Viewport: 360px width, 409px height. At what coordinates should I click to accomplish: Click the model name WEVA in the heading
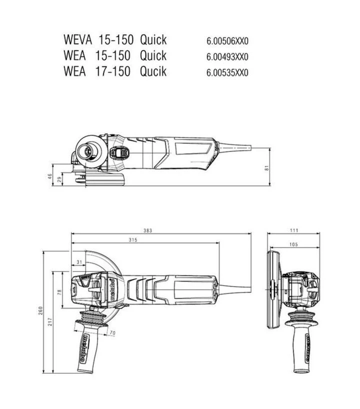tap(77, 40)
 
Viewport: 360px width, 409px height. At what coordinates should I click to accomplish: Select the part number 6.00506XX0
tap(227, 41)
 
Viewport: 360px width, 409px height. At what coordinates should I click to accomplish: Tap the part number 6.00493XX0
tap(227, 57)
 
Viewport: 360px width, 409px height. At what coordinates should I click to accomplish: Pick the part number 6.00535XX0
tap(227, 72)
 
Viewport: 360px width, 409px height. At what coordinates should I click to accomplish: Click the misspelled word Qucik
tap(153, 71)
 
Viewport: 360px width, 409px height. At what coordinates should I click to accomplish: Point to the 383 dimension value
tap(147, 230)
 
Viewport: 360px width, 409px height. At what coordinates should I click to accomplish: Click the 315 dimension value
tap(133, 240)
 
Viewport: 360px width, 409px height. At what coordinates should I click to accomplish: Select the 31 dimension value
tap(79, 262)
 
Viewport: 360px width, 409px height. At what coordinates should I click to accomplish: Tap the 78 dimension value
tap(59, 292)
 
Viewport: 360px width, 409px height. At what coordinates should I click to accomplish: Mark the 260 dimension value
tap(40, 310)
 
